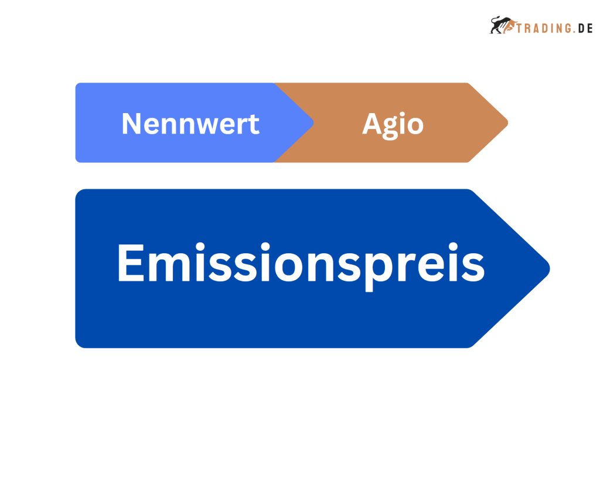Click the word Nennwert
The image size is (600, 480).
coord(190,124)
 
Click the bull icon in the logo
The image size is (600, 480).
coord(502,25)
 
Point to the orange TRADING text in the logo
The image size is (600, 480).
coord(545,28)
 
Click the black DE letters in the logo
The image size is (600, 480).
coord(585,28)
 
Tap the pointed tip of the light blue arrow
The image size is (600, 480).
coord(314,123)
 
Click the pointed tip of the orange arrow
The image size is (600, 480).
coord(508,123)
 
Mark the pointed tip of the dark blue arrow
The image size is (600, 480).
coord(550,268)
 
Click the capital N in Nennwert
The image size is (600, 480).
coord(131,124)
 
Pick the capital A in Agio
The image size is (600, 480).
coord(372,124)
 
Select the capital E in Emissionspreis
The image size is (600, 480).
coord(131,263)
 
